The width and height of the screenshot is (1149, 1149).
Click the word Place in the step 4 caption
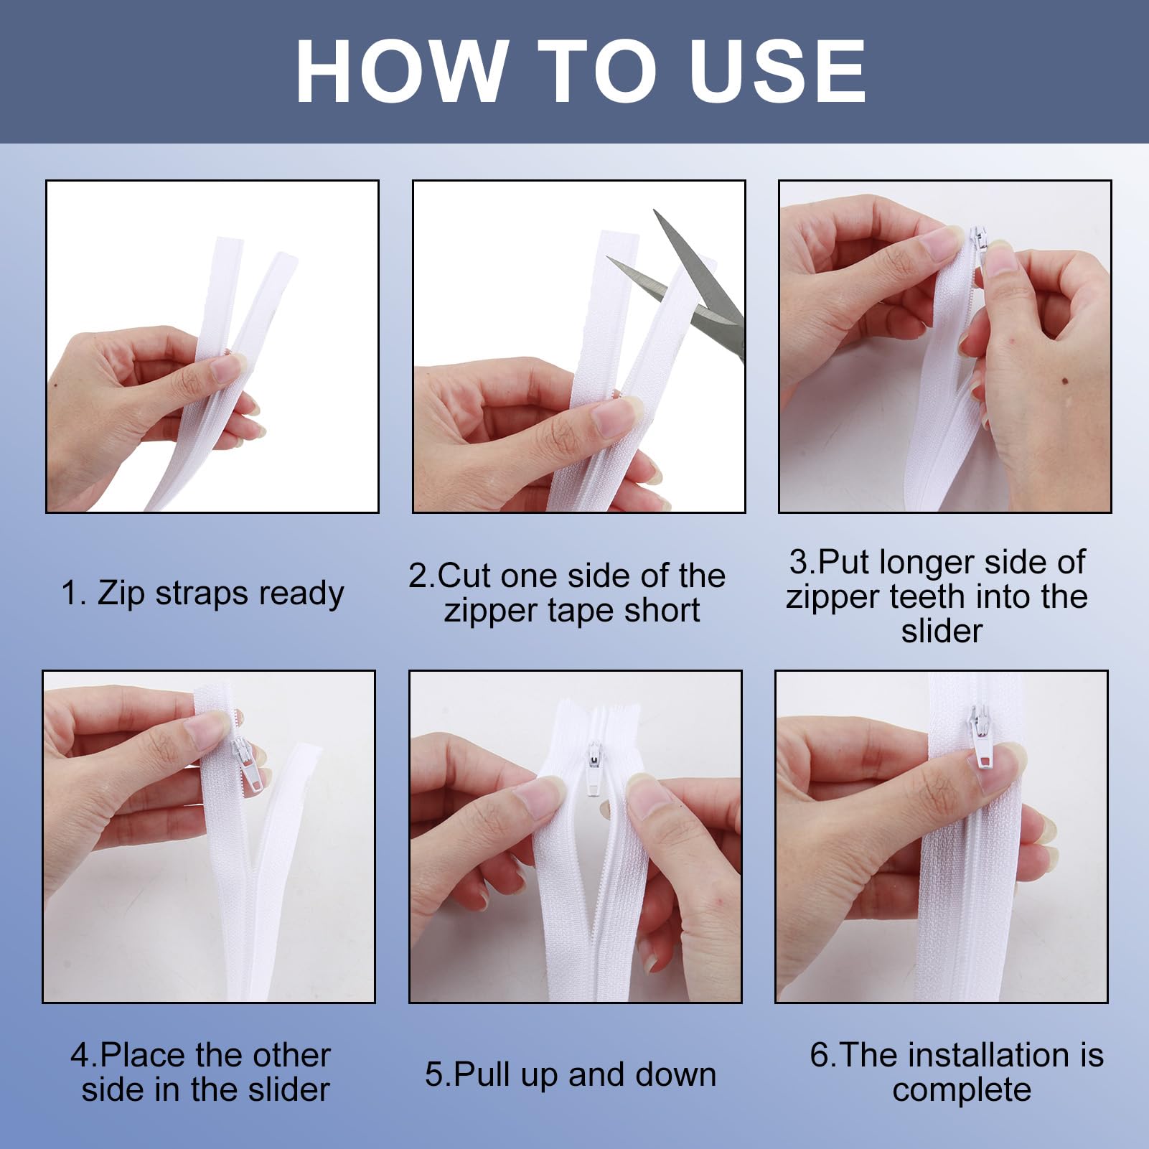[x=143, y=1056]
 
